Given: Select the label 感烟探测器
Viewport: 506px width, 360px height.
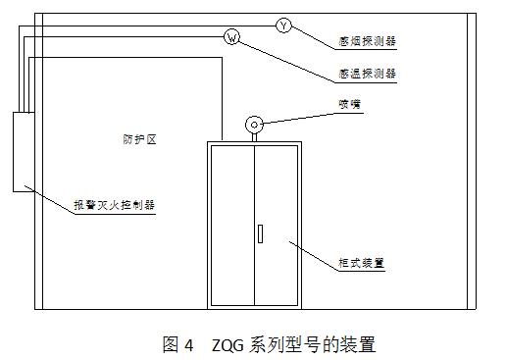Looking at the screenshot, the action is (x=367, y=41).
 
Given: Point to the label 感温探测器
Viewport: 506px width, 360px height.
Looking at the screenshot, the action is (x=367, y=74).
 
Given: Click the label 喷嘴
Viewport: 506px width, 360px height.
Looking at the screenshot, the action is (x=349, y=104).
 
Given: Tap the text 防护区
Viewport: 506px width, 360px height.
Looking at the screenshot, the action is (x=139, y=139).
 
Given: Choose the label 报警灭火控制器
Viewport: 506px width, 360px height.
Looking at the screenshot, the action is (x=115, y=205).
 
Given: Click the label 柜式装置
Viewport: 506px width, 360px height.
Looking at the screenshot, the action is (x=361, y=263).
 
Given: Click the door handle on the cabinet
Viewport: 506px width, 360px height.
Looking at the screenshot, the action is (x=260, y=233).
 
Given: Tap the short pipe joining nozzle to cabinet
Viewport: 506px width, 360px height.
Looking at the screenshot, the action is (x=254, y=137).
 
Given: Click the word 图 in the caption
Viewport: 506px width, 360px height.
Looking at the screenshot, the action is (x=171, y=344).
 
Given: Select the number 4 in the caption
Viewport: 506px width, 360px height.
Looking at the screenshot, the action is (x=188, y=345).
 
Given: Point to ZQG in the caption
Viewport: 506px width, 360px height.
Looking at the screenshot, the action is (x=228, y=345).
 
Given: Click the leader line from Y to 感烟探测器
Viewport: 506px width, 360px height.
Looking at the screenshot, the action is (x=313, y=37).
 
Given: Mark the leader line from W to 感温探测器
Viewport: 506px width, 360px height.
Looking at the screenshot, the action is (x=287, y=62).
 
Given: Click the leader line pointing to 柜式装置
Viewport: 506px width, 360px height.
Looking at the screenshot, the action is (x=314, y=256).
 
